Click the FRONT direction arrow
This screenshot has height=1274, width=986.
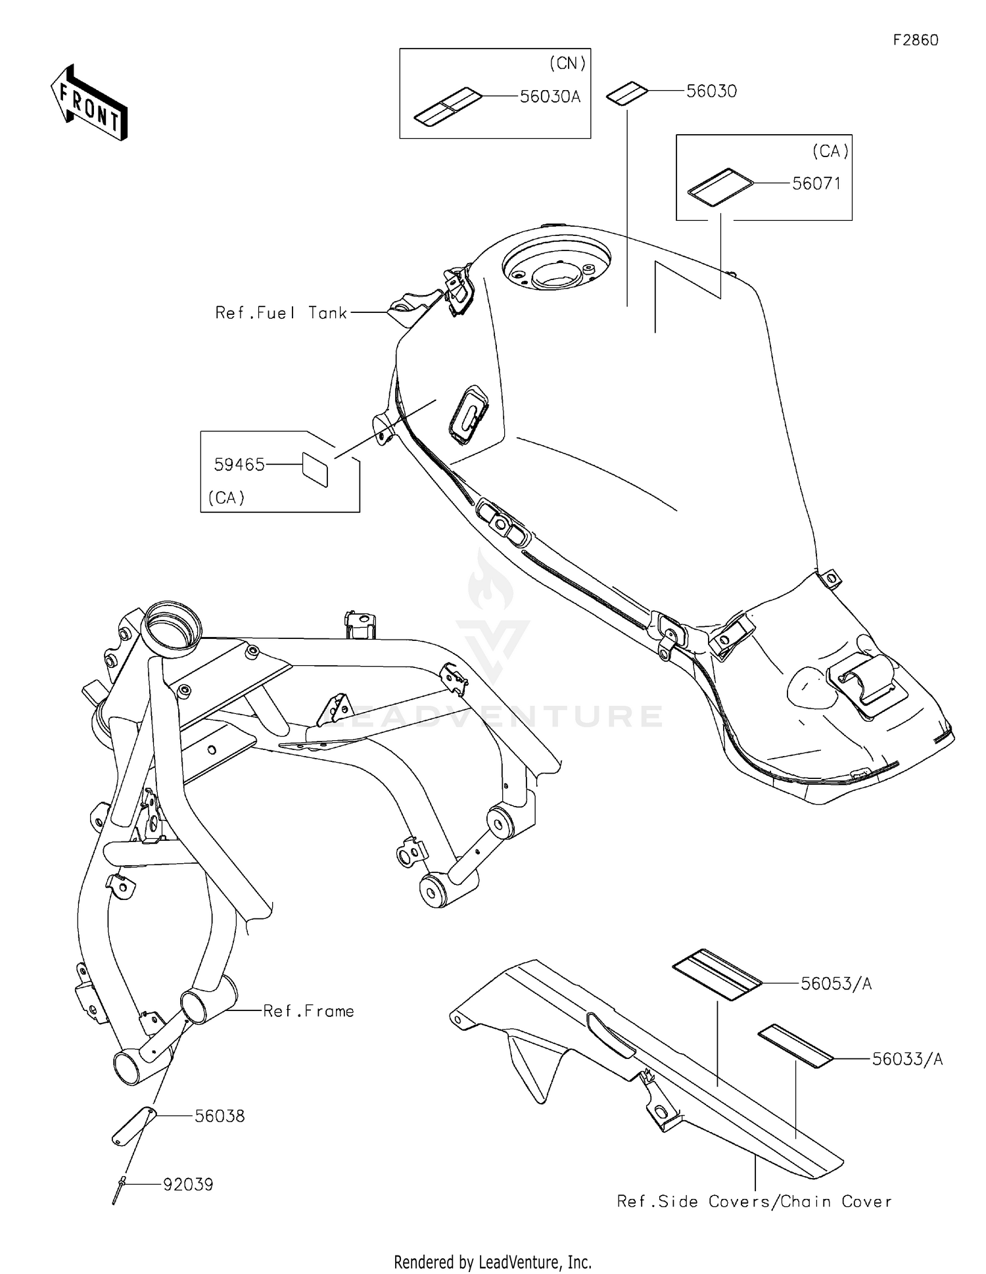89,103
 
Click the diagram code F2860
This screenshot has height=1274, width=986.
915,40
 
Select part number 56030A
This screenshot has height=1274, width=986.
550,97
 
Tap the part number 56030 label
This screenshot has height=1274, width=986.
711,91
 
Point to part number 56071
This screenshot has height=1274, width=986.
816,183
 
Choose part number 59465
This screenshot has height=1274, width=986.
239,465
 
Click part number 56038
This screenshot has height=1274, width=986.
220,1116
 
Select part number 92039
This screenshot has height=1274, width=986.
188,1185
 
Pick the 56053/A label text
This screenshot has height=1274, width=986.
836,983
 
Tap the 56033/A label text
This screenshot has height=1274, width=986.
907,1059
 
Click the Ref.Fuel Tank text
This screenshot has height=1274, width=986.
281,313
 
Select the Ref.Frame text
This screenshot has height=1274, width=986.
308,1011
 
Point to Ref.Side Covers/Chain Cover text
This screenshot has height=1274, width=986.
754,1202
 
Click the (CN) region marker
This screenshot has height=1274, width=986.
567,63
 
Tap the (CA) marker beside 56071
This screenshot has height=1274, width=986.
830,151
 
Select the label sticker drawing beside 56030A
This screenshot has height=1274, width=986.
447,106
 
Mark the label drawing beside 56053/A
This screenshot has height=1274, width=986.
716,974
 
